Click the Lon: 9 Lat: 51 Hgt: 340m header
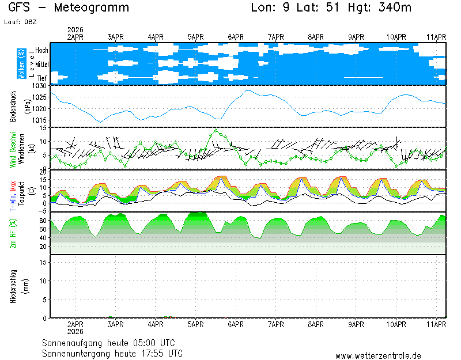point(331,8)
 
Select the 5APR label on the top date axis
point(197,37)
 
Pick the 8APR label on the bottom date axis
point(316,324)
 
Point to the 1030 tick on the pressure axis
point(39,86)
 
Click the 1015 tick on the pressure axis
point(39,120)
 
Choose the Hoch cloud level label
point(41,51)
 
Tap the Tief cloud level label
point(42,77)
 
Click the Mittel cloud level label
point(41,64)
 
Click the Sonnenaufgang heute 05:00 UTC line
point(112,342)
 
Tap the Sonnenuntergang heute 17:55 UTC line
point(112,353)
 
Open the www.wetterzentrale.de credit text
point(378,356)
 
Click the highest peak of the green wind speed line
point(216,130)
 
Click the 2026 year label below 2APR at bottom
point(76,331)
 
